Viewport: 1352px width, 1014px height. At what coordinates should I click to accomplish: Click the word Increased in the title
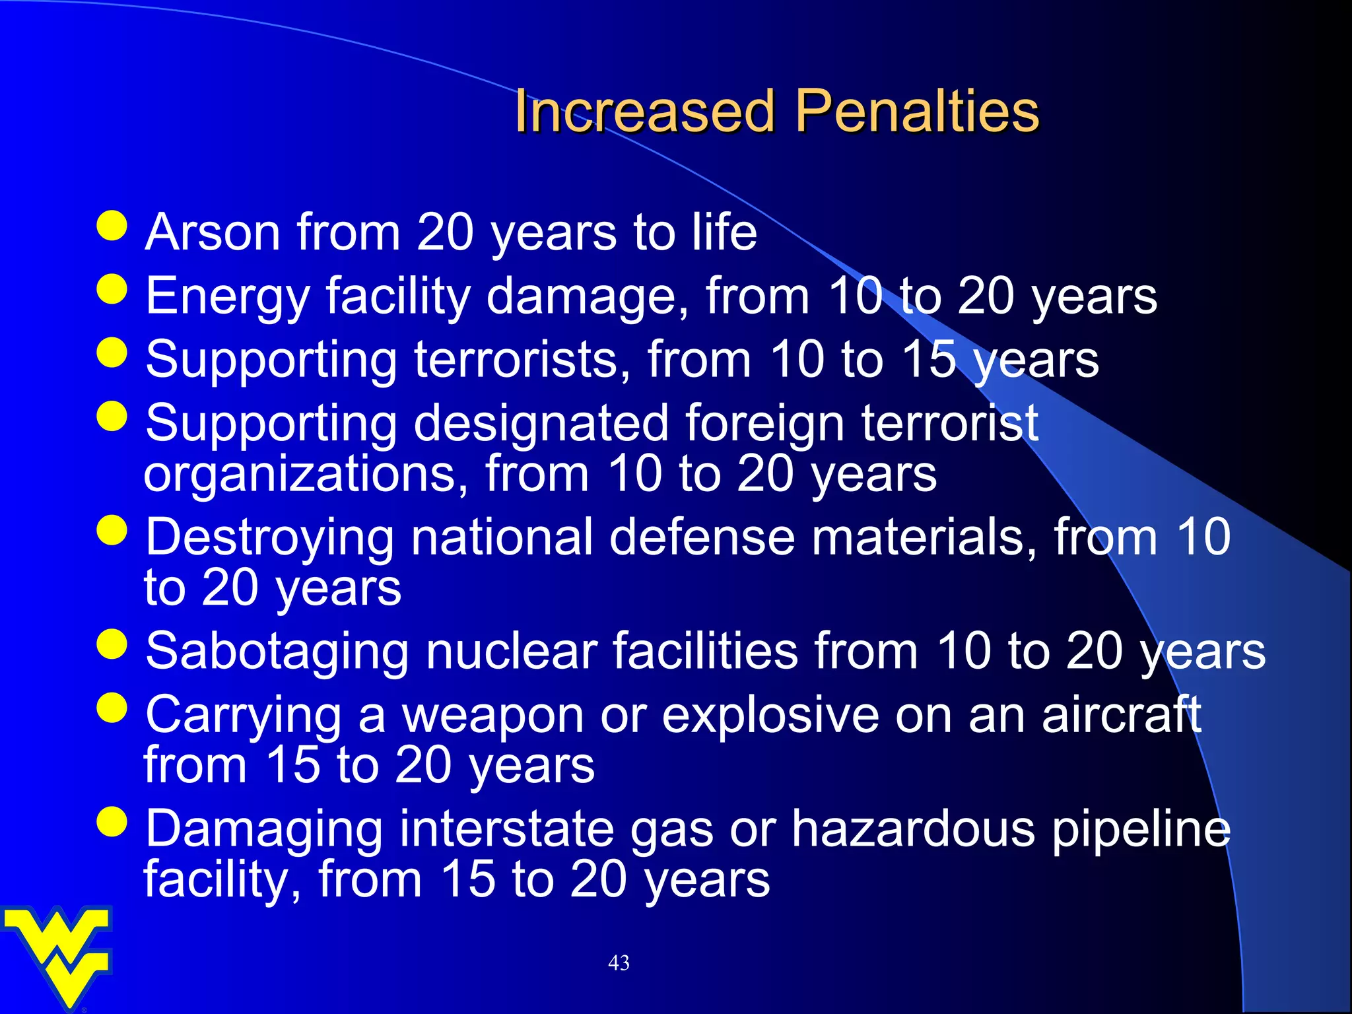(x=644, y=111)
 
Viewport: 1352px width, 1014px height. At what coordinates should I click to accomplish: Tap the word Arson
(x=213, y=232)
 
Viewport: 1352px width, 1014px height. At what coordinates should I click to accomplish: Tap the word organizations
(x=306, y=474)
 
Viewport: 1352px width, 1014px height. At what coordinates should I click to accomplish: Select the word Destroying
(x=269, y=537)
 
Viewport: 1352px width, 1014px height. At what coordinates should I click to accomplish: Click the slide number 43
(x=619, y=963)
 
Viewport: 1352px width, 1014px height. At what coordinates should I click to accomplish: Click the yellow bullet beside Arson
(x=112, y=226)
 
